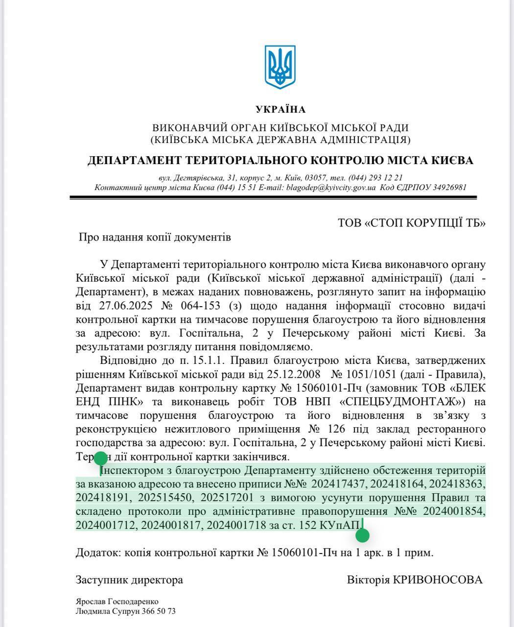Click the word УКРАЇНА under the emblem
(280, 109)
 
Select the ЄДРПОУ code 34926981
(449, 188)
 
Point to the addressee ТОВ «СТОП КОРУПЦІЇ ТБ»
(411, 223)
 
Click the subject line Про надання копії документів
(155, 238)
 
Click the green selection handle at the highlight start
(100, 459)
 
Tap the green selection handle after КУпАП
(362, 535)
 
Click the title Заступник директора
(129, 580)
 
